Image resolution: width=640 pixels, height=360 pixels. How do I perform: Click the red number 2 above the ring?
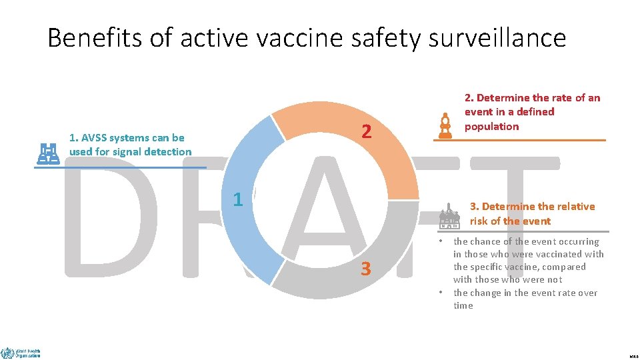click(366, 132)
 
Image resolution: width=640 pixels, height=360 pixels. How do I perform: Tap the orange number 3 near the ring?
click(365, 269)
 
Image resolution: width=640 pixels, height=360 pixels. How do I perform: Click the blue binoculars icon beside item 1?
click(48, 153)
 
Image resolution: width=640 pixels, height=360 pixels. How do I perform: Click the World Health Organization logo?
click(21, 353)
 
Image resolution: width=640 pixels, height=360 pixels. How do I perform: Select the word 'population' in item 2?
click(491, 127)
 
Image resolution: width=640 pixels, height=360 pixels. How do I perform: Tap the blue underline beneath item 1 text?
click(120, 167)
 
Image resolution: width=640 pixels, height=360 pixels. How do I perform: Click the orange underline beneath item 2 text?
click(520, 140)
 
